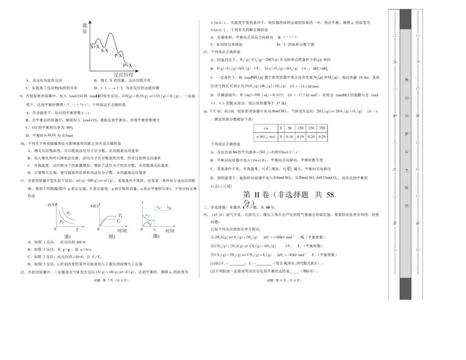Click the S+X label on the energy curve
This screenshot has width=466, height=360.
click(x=96, y=46)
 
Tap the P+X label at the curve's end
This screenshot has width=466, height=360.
click(x=128, y=66)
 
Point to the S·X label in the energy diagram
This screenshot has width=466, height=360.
click(x=105, y=51)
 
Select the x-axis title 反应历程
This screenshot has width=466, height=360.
click(x=123, y=75)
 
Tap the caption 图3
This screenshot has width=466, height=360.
click(x=156, y=237)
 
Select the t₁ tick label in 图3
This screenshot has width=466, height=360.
click(x=154, y=231)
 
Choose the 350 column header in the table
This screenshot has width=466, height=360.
click(x=322, y=128)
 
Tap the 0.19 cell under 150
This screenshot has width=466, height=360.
click(x=301, y=137)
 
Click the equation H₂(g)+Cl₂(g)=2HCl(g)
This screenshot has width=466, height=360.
click(x=259, y=59)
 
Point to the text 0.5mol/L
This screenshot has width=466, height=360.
click(x=218, y=23)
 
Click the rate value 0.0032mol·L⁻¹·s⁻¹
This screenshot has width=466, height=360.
click(x=277, y=152)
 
